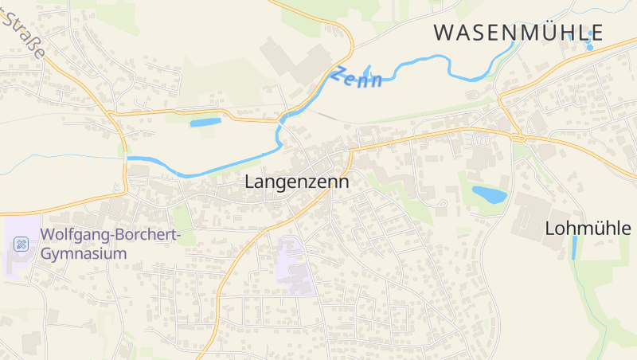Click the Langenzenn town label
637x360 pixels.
[296, 182]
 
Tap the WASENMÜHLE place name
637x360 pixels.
[518, 33]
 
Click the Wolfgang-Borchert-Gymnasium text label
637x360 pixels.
[111, 236]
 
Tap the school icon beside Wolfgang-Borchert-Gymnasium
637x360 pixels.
[21, 244]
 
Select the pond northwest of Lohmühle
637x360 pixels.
[489, 194]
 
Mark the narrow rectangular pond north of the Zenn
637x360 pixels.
[205, 123]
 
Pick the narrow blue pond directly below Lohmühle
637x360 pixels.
[575, 247]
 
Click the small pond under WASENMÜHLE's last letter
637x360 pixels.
[589, 47]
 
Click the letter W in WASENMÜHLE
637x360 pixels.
[445, 33]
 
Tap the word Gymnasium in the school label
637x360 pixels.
[84, 253]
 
